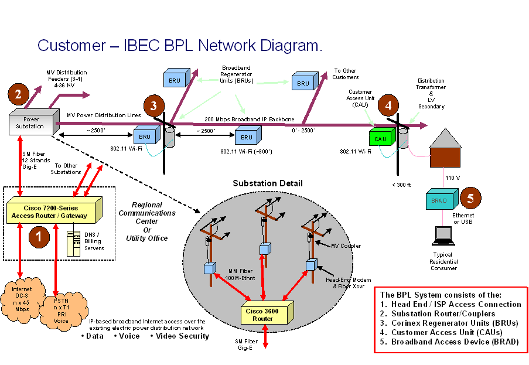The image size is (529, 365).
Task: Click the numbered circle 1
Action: [x=39, y=237]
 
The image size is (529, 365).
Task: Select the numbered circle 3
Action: [x=153, y=106]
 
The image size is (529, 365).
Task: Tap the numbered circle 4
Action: [x=388, y=105]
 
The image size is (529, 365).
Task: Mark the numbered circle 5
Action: [x=470, y=197]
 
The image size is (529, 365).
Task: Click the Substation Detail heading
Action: [x=268, y=183]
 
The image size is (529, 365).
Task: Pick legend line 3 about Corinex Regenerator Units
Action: [x=449, y=323]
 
